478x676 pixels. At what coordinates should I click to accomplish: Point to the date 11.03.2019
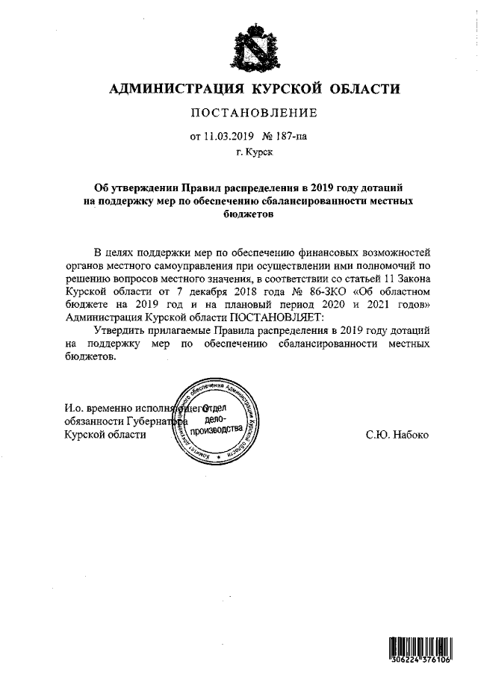[x=229, y=137]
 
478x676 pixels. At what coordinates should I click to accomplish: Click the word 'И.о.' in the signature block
[x=72, y=409]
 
